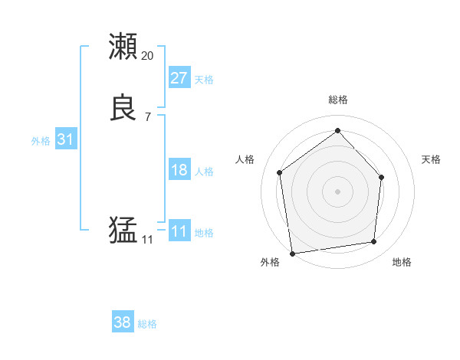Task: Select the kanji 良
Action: point(123,108)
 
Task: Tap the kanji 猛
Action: point(123,230)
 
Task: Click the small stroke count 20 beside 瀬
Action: point(147,56)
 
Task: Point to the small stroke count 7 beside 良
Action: point(147,117)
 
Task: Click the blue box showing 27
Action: point(179,78)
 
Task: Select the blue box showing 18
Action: point(179,170)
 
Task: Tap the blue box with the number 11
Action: point(179,231)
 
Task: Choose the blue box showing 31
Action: point(65,139)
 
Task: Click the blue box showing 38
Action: point(122,322)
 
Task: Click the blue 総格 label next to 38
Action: point(147,324)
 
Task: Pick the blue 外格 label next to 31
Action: point(41,141)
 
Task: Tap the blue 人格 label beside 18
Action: point(204,172)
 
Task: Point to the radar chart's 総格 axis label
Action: point(337,100)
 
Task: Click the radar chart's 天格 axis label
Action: point(431,159)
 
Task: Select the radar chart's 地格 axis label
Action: point(402,262)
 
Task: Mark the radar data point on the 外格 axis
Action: point(292,253)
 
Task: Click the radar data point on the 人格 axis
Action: point(280,172)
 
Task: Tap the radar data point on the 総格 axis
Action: point(337,130)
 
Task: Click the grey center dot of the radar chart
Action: point(337,191)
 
